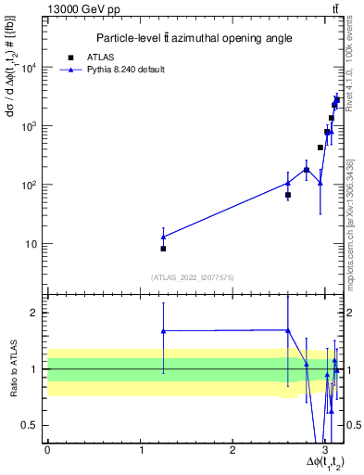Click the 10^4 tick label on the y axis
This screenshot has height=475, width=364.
pyautogui.click(x=29, y=67)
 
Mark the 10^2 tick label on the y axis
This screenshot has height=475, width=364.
pyautogui.click(x=29, y=185)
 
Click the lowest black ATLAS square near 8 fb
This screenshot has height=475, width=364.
pyautogui.click(x=163, y=249)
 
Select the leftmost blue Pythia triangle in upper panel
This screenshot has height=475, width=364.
pyautogui.click(x=163, y=237)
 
